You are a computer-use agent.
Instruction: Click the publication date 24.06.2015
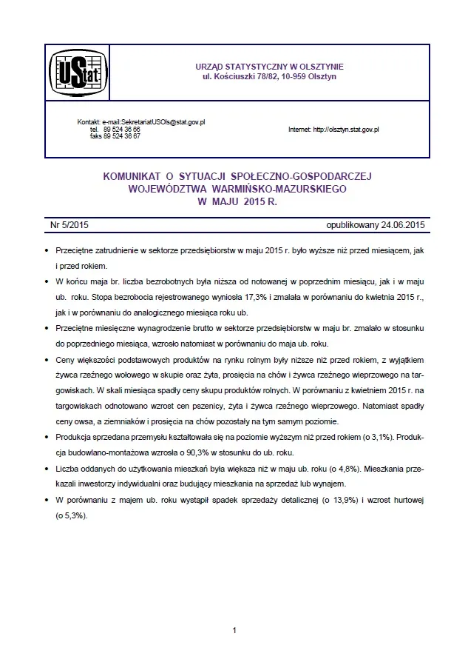[x=402, y=224]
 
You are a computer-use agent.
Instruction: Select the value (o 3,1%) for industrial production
[x=377, y=438]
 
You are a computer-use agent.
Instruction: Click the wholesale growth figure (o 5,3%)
[x=72, y=515]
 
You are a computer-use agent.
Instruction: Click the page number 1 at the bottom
[x=234, y=631]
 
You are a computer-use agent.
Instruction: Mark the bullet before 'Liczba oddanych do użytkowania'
[x=47, y=469]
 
